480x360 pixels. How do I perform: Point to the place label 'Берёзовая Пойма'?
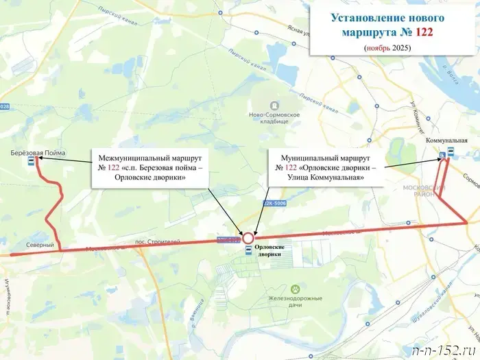coord(38,153)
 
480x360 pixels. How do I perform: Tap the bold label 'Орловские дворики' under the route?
coord(269,250)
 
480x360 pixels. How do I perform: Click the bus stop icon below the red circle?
coord(248,251)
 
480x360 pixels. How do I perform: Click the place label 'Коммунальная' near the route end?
coord(446,140)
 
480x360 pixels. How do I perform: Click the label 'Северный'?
coord(40,245)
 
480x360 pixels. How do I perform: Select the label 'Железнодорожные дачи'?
coord(296,303)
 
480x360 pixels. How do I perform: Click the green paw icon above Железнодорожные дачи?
coord(296,289)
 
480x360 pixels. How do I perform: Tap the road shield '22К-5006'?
coord(274,204)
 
